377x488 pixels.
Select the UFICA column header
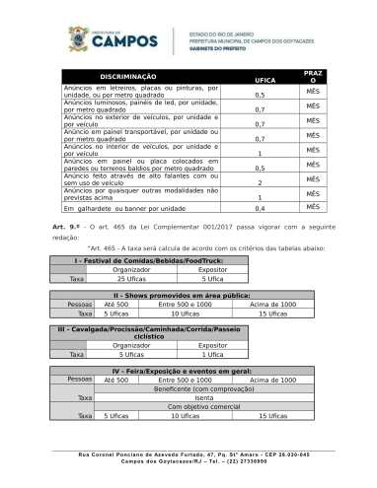pyautogui.click(x=264, y=79)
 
